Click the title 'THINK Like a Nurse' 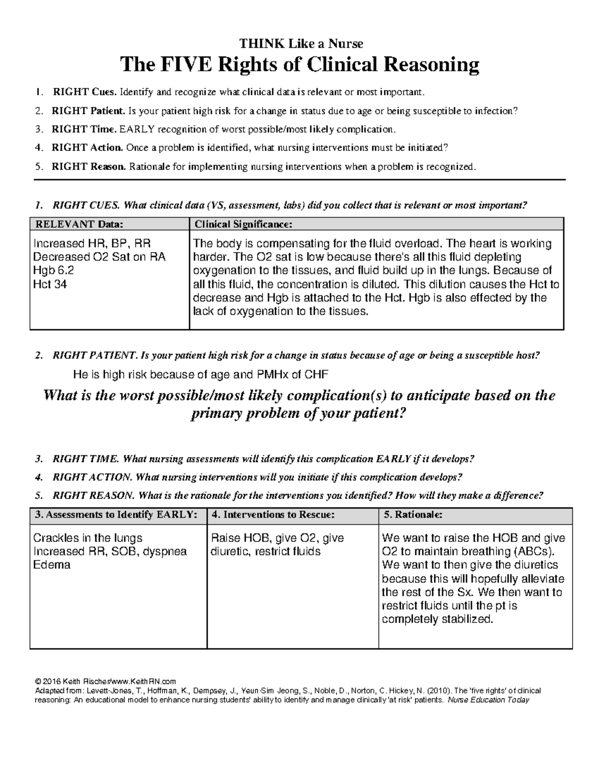click(299, 43)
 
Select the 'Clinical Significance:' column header click(243, 224)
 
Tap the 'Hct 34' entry click(50, 284)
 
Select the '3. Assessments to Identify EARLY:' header click(113, 515)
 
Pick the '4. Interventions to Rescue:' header click(273, 515)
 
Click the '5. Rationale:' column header click(412, 515)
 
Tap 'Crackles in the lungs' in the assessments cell click(87, 538)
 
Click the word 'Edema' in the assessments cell click(51, 565)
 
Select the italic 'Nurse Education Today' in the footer click(488, 700)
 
